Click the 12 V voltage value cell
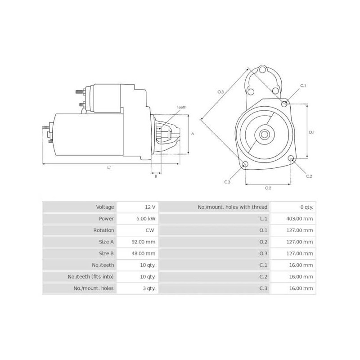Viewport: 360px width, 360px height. tap(150, 207)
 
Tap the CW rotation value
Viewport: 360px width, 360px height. tap(150, 230)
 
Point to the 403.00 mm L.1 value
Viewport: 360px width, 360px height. tap(299, 219)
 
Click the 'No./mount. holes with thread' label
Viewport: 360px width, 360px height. tap(233, 207)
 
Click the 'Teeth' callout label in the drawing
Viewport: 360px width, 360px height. tap(182, 107)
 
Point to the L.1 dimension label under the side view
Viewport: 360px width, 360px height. tap(109, 168)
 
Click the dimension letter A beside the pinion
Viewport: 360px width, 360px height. tap(192, 134)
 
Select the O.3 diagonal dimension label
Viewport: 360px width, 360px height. tap(220, 92)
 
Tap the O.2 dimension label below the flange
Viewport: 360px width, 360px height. tap(268, 188)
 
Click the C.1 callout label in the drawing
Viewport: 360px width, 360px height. tap(303, 85)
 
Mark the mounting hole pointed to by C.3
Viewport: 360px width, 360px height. tap(245, 164)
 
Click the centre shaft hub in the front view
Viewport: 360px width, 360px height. tap(264, 134)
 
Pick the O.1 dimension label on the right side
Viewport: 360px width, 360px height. tap(311, 132)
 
